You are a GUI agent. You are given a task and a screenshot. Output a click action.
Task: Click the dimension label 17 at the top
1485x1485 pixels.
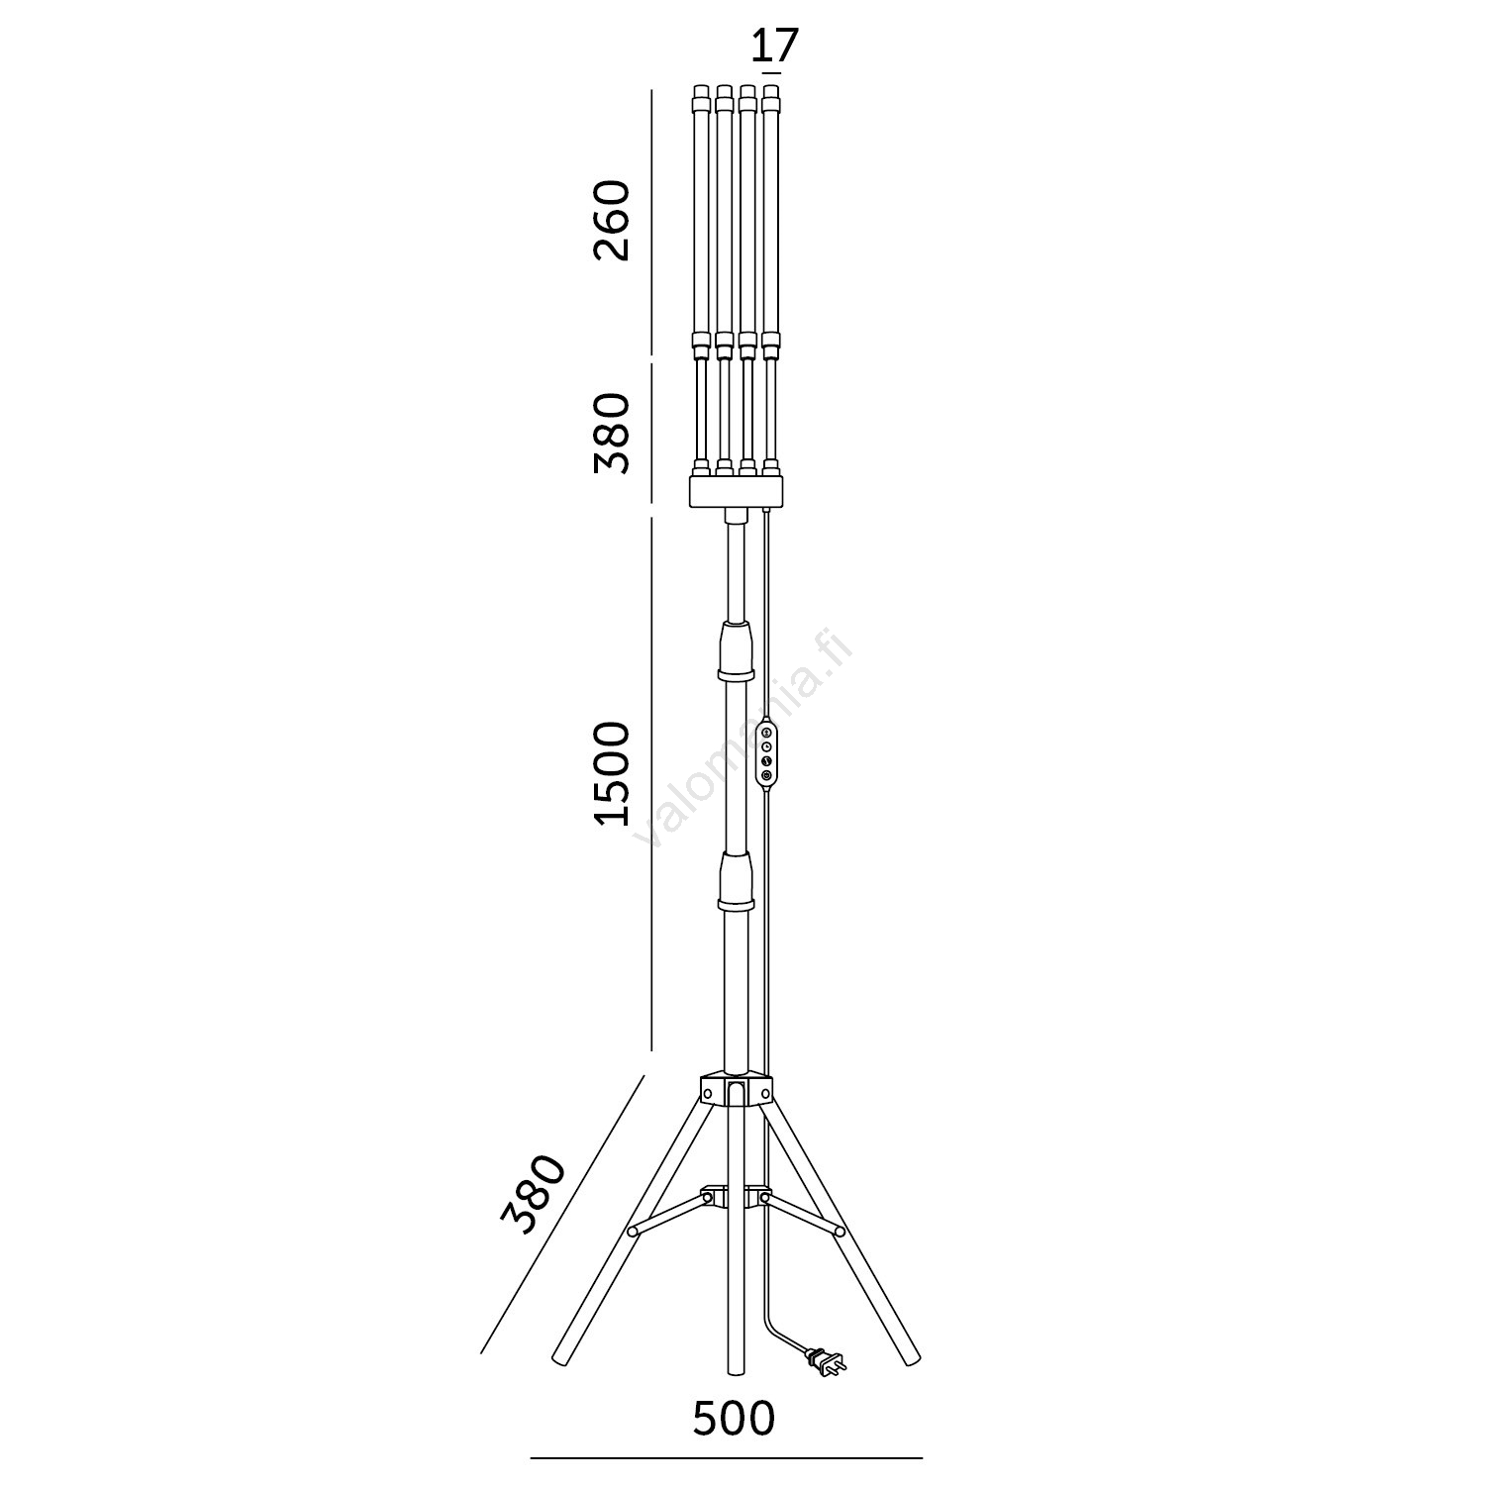click(x=774, y=47)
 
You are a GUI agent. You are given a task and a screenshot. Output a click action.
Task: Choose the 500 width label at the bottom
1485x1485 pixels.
click(x=734, y=1419)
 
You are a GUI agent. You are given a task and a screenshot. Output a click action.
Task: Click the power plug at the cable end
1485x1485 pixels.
click(x=827, y=1362)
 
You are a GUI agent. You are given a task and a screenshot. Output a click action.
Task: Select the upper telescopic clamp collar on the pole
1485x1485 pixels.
click(x=736, y=651)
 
